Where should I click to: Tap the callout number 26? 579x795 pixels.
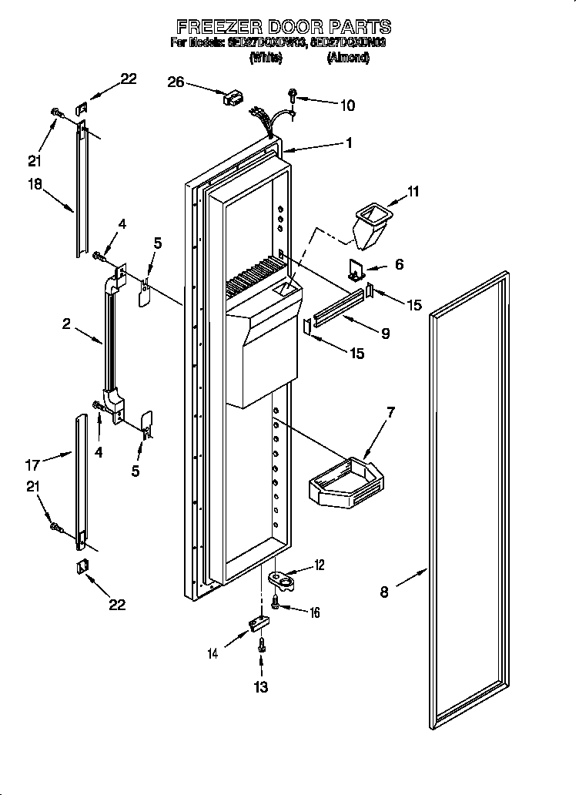176,82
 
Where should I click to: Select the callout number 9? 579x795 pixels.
384,333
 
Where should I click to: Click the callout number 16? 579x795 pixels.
313,612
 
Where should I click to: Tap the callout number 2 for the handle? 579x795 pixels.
67,325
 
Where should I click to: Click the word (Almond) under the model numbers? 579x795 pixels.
348,58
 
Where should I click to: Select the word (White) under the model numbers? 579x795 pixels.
266,58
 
